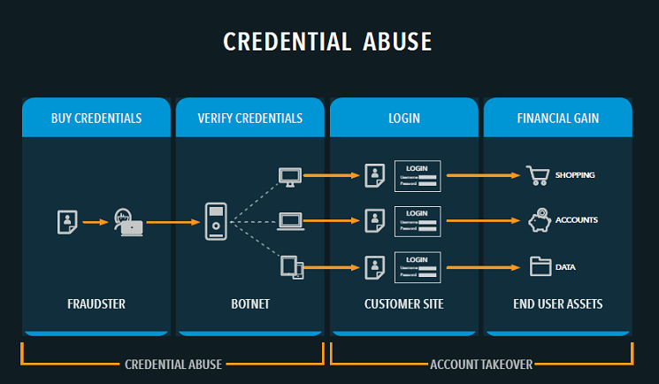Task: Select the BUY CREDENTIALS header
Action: (x=96, y=118)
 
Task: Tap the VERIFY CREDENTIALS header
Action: (x=250, y=118)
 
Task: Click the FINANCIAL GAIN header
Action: (x=557, y=118)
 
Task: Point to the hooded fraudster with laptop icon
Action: (x=129, y=222)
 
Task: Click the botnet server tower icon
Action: (x=216, y=222)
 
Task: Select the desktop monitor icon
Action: (x=290, y=176)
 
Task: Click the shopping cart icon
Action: (x=537, y=175)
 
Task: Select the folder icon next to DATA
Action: (x=538, y=265)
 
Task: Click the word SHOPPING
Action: (x=575, y=175)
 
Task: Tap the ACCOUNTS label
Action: (x=577, y=219)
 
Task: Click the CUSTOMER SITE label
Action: (x=403, y=303)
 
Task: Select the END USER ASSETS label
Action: (x=557, y=303)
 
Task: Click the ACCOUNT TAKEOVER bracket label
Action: (x=481, y=364)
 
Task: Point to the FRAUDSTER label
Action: (x=96, y=303)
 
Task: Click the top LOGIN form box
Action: (x=418, y=175)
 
